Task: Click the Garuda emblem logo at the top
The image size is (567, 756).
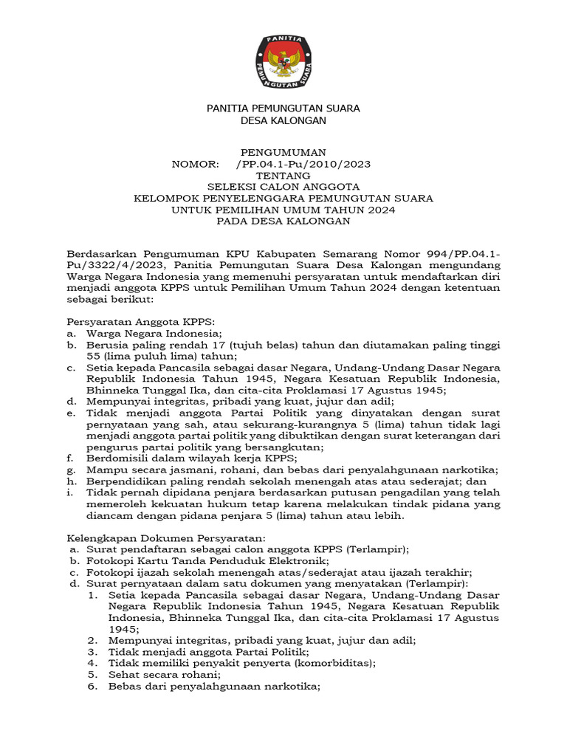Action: [283, 61]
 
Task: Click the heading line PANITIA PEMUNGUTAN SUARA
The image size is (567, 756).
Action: [283, 109]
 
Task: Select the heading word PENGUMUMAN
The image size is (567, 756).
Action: [283, 152]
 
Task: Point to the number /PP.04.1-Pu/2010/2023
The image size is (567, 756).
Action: [303, 164]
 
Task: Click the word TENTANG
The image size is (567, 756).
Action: [283, 176]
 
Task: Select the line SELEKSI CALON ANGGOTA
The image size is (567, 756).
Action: [283, 187]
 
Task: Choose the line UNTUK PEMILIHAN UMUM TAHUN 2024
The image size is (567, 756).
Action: [283, 210]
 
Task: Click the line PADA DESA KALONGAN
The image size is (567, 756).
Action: [283, 221]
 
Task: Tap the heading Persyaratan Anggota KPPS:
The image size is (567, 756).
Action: [140, 322]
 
